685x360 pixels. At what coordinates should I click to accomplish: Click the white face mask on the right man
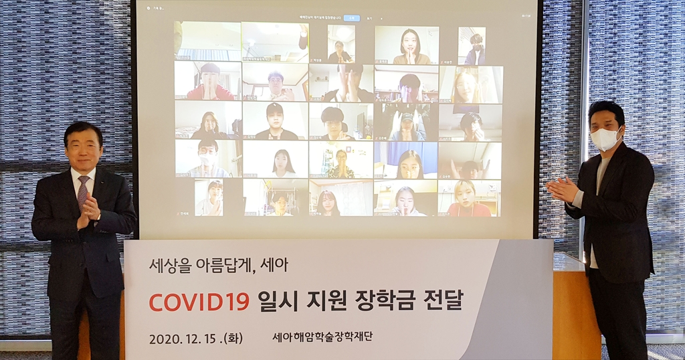click(605, 139)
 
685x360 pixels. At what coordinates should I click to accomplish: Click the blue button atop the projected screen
click(352, 18)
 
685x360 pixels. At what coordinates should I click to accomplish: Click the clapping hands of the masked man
click(562, 190)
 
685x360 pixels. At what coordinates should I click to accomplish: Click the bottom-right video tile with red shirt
click(468, 199)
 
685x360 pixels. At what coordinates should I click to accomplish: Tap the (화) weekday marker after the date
click(231, 338)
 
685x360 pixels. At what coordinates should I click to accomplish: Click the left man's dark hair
click(83, 129)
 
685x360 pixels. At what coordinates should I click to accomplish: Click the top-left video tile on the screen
click(207, 41)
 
